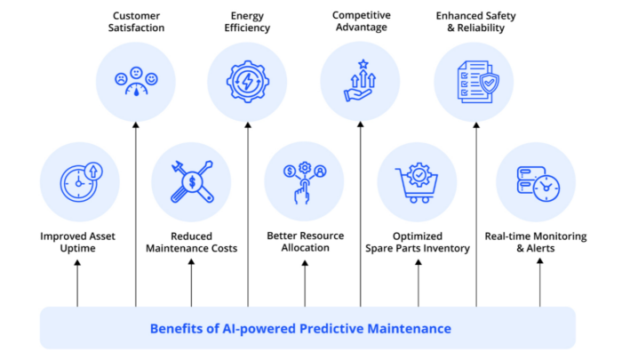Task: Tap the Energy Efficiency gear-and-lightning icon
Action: tap(247, 82)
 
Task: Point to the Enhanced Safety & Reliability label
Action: tap(474, 21)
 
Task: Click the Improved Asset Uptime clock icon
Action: tap(76, 181)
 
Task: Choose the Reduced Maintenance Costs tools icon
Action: tap(191, 181)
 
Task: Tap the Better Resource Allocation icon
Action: tap(304, 181)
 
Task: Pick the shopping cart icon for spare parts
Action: tap(418, 181)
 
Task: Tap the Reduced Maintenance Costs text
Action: tap(191, 242)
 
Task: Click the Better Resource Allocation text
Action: tap(304, 242)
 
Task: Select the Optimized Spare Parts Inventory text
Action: tap(418, 242)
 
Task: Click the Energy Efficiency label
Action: tap(247, 21)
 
